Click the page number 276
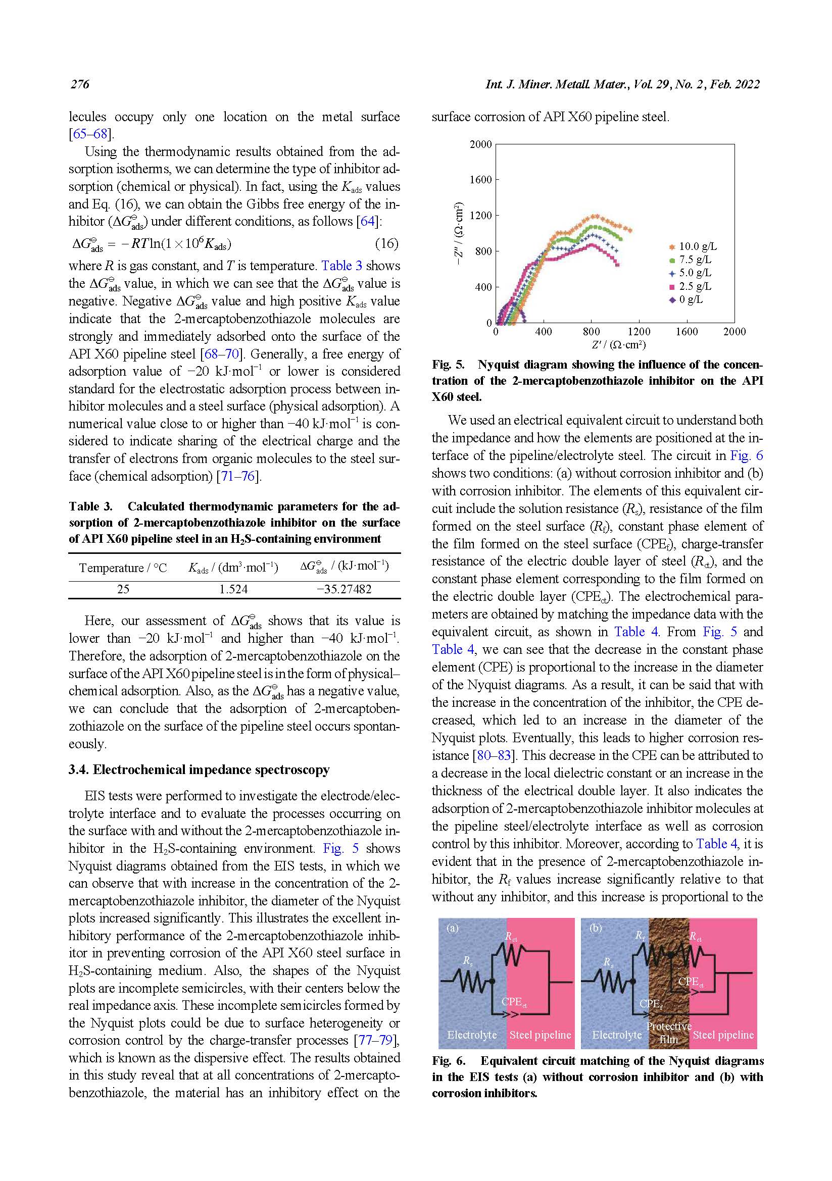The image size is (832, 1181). (80, 84)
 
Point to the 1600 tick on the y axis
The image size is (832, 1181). (480, 180)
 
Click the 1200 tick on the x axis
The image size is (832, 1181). (639, 332)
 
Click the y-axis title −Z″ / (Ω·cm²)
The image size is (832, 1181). (459, 234)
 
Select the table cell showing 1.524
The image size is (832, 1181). (233, 589)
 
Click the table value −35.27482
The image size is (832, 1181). (344, 589)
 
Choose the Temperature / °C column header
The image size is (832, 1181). (123, 568)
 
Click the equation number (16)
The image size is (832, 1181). (386, 243)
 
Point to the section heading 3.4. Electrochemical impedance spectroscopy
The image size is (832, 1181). (199, 769)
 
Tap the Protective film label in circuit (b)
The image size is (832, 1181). (668, 1033)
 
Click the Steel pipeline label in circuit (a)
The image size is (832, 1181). (540, 1035)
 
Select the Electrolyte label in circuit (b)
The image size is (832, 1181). (616, 1035)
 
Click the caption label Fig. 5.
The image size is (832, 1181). (448, 365)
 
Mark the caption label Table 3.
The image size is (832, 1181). (90, 506)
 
